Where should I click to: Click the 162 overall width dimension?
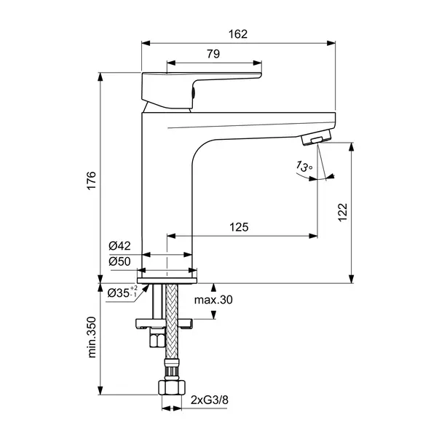(237, 33)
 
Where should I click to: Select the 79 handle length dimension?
(213, 55)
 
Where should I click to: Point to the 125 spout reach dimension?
(238, 227)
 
